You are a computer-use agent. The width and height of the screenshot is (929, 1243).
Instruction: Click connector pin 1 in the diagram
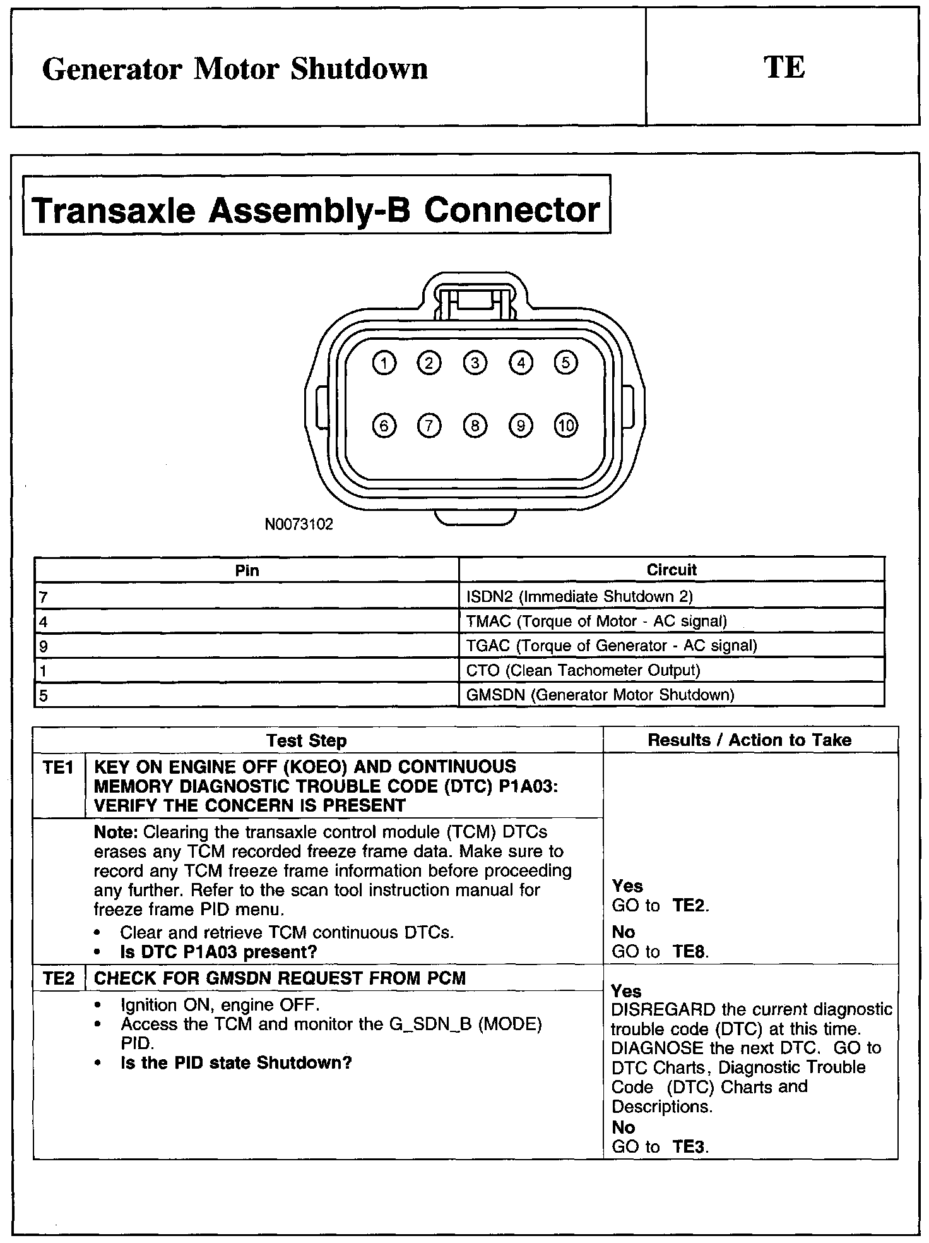pyautogui.click(x=384, y=363)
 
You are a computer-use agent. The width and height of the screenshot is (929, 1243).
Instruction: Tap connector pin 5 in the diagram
pyautogui.click(x=565, y=363)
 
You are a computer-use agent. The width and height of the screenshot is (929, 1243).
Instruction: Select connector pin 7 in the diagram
pyautogui.click(x=429, y=426)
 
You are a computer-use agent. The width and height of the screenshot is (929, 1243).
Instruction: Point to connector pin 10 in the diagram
pyautogui.click(x=565, y=426)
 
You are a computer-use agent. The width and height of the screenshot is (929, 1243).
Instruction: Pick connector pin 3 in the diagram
pyautogui.click(x=475, y=363)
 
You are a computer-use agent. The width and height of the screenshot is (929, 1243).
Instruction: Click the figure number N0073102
pyautogui.click(x=299, y=524)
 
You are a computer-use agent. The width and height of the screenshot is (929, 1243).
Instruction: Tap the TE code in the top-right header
pyautogui.click(x=784, y=68)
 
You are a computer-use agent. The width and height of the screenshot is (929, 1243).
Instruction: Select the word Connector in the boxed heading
pyautogui.click(x=511, y=210)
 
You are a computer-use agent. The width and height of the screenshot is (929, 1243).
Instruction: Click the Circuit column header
pyautogui.click(x=672, y=570)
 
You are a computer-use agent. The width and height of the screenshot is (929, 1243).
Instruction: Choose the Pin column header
pyautogui.click(x=247, y=570)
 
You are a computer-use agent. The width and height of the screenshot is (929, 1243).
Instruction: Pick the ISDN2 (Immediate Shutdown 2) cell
pyautogui.click(x=579, y=596)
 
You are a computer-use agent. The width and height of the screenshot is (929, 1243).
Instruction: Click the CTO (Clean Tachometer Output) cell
pyautogui.click(x=583, y=670)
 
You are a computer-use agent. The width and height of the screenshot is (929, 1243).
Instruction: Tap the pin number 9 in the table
pyautogui.click(x=44, y=646)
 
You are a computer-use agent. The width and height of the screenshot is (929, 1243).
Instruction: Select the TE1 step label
pyautogui.click(x=58, y=767)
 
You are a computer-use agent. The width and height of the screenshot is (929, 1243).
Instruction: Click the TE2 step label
pyautogui.click(x=58, y=978)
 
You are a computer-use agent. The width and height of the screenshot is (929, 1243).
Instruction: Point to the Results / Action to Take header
pyautogui.click(x=750, y=740)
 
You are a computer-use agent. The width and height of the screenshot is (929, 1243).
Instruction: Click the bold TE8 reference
pyautogui.click(x=689, y=952)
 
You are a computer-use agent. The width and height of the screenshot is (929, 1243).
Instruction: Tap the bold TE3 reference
pyautogui.click(x=689, y=1147)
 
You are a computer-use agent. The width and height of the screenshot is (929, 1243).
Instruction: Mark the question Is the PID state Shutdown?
pyautogui.click(x=235, y=1063)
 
